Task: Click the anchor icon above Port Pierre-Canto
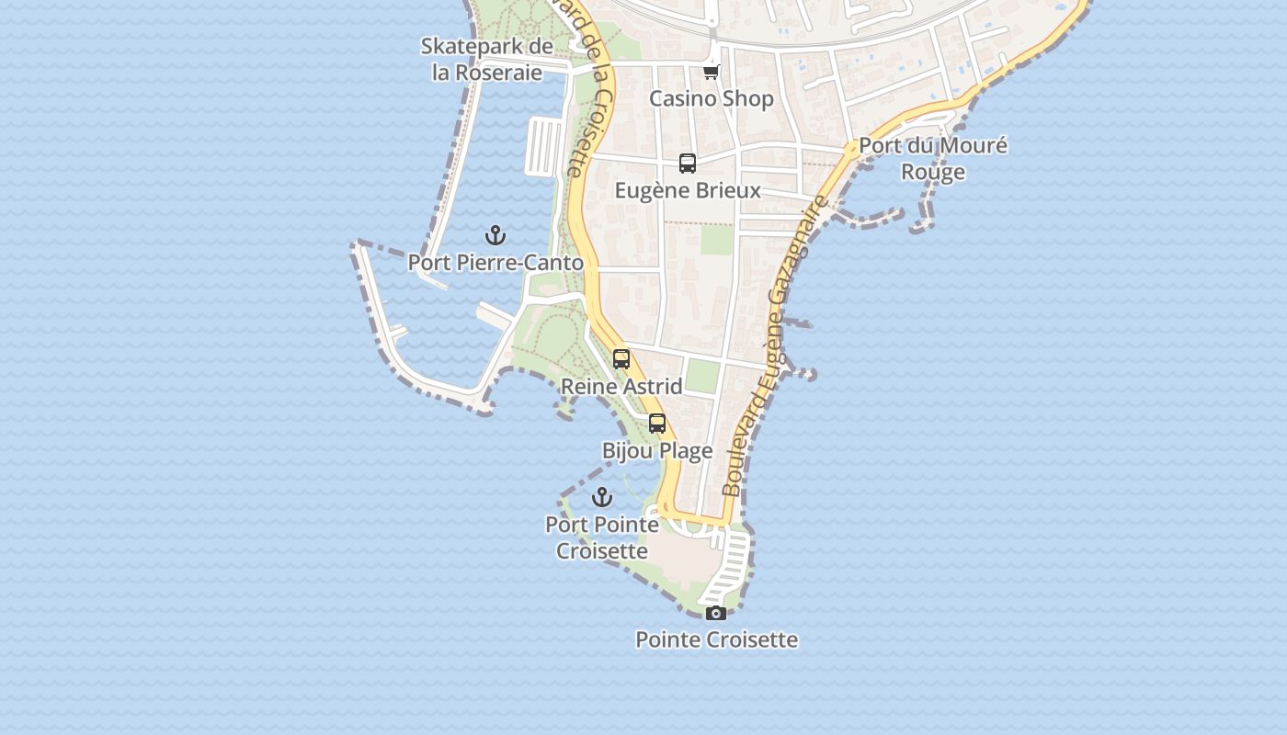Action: click(495, 235)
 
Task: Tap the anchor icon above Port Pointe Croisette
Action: click(602, 497)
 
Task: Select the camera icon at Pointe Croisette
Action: click(716, 613)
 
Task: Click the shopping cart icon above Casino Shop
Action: click(711, 72)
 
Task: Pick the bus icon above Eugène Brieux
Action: click(688, 164)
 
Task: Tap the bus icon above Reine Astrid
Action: click(621, 359)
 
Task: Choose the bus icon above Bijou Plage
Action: click(657, 424)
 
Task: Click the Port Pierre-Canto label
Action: click(495, 263)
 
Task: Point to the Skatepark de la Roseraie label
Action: click(487, 59)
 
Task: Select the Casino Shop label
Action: click(712, 98)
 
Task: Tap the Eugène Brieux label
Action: click(688, 190)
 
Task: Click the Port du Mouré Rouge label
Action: click(933, 159)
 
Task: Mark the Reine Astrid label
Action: click(621, 386)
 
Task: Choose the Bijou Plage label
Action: click(657, 450)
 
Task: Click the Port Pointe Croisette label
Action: click(602, 537)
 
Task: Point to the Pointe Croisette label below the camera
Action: click(716, 639)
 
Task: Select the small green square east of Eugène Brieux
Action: click(717, 240)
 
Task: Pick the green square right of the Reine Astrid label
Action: click(702, 375)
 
